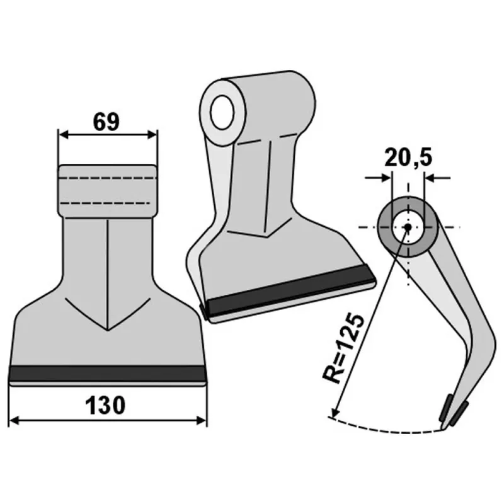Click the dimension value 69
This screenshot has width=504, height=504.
point(106,122)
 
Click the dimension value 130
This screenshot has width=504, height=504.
point(105,406)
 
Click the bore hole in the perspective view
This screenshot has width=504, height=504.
point(222,112)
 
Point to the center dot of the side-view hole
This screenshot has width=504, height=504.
point(408,227)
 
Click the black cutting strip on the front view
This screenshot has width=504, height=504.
point(107,373)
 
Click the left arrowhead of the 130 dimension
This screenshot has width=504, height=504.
point(14,420)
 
